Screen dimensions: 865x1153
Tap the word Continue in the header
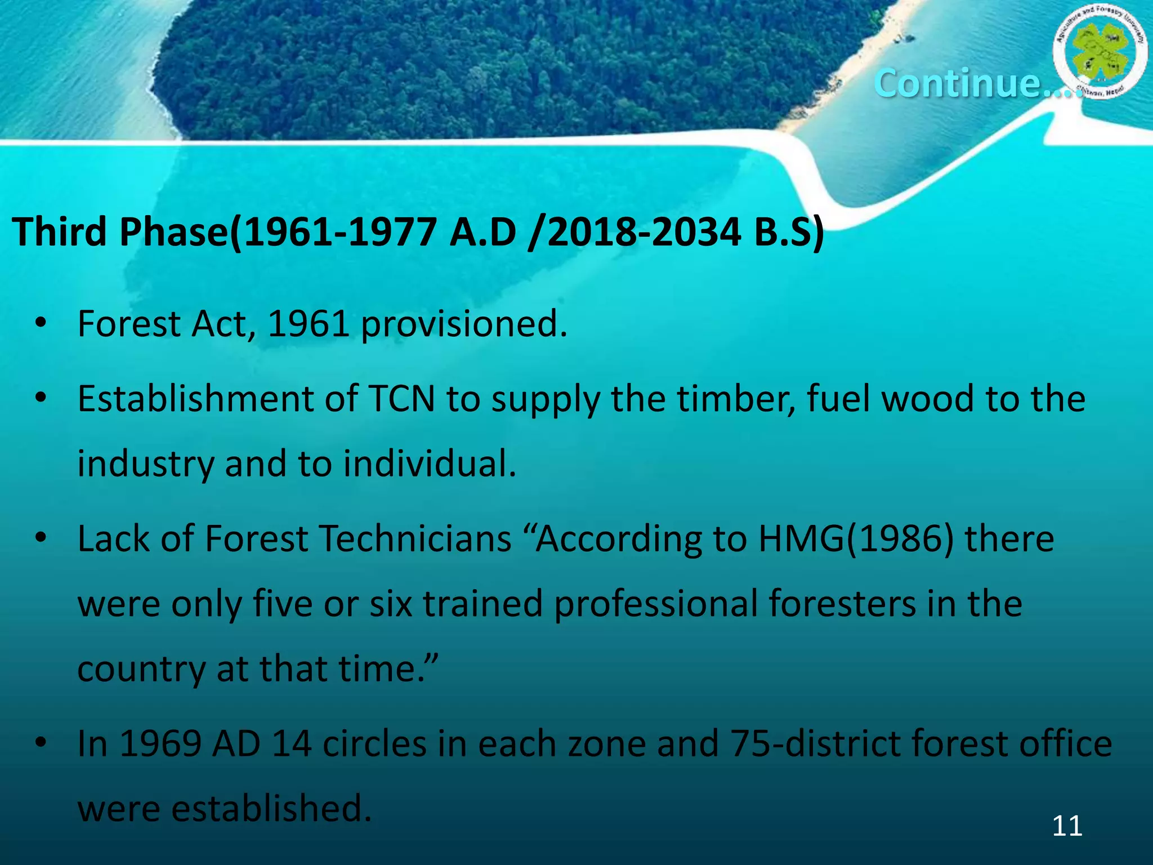957,83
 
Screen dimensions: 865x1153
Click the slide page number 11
1067,826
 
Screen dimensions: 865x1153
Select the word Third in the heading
59,232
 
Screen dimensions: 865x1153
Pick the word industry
146,465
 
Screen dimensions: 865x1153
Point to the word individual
430,463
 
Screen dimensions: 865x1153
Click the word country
141,670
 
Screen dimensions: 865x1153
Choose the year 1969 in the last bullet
160,744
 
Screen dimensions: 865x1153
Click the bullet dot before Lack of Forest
40,539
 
